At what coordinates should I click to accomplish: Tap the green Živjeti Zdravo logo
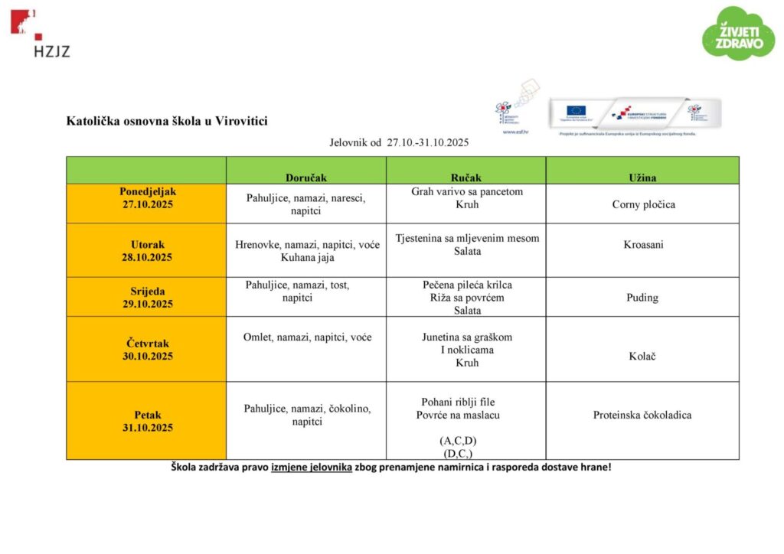[738, 34]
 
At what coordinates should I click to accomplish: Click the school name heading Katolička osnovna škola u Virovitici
[167, 121]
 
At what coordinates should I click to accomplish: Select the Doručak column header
[306, 177]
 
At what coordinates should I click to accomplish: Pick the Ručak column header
[466, 177]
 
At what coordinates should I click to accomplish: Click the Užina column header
[642, 177]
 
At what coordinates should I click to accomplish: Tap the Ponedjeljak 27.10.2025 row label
[147, 197]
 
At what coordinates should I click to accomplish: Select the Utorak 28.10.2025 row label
[147, 251]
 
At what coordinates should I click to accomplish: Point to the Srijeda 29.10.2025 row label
[147, 297]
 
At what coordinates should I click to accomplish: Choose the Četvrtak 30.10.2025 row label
[147, 350]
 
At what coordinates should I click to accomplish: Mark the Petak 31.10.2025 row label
[147, 421]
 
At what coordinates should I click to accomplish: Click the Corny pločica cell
[643, 204]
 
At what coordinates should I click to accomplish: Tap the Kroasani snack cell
[643, 244]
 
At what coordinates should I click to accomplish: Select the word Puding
[642, 297]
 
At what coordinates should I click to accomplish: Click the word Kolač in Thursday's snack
[642, 357]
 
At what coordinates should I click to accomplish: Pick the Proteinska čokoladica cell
[642, 415]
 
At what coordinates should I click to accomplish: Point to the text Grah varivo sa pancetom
[467, 191]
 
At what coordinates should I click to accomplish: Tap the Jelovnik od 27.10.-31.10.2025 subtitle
[399, 142]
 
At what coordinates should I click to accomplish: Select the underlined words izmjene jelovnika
[311, 467]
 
